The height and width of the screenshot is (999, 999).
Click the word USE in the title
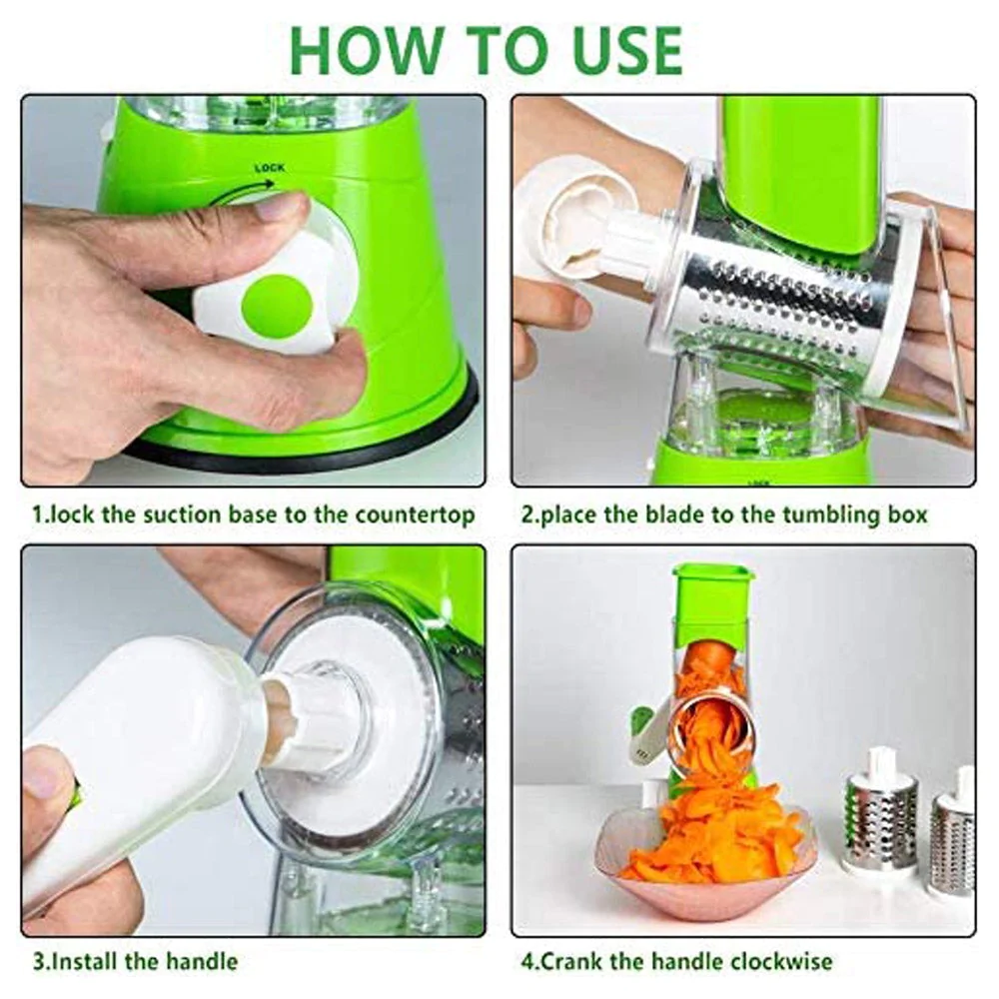(x=627, y=50)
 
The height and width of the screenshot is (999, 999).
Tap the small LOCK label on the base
(x=270, y=168)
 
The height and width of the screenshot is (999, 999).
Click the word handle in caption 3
(x=202, y=961)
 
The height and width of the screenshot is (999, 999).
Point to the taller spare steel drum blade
(x=881, y=810)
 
